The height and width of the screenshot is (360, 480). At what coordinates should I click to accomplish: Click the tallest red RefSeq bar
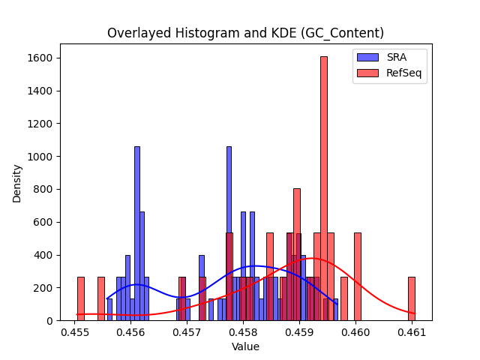pos(324,188)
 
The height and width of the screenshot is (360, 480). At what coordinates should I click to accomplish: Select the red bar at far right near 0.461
pos(412,298)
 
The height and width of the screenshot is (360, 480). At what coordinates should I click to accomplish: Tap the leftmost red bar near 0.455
pos(81,298)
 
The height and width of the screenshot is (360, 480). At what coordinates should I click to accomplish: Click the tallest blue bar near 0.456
pos(137,233)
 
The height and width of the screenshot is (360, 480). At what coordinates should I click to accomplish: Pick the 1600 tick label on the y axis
pos(40,58)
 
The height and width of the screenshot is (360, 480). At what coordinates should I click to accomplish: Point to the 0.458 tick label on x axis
pos(243,332)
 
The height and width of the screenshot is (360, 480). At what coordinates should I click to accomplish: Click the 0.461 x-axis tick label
pos(412,332)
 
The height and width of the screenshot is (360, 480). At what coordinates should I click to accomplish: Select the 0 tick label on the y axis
pos(50,321)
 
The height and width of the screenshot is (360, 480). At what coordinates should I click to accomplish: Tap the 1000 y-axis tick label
pos(40,157)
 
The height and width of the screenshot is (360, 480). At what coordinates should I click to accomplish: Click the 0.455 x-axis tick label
pos(75,332)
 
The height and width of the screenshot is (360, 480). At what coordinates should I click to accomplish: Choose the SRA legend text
pos(397,57)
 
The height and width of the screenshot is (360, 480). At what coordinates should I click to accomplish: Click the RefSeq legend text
pos(403,73)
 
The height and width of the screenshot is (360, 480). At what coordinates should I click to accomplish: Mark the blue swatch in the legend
pos(367,57)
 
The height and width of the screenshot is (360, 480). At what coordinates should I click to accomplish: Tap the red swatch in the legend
pos(367,73)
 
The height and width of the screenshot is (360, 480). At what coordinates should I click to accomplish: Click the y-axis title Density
pos(16,184)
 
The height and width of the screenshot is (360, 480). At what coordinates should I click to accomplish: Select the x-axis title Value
pos(245,346)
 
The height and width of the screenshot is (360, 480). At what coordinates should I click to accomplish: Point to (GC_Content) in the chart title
pos(342,33)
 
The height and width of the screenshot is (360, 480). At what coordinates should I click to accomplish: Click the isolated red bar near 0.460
pos(358,277)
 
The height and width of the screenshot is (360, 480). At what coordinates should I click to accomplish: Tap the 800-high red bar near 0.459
pos(297,255)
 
